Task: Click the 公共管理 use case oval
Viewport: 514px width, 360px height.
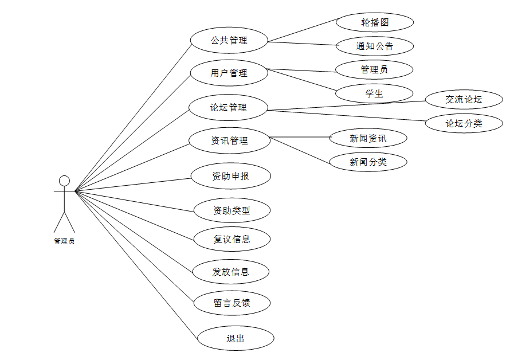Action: coord(229,41)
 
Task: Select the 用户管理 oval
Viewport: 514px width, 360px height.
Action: coord(229,73)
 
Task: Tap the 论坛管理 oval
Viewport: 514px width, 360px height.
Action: coord(229,107)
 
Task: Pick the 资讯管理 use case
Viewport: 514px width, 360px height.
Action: coord(229,140)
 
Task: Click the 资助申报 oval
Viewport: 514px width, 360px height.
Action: coord(230,176)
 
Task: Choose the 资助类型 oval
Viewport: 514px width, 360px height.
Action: coord(232,210)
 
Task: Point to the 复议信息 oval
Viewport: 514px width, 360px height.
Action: coord(232,239)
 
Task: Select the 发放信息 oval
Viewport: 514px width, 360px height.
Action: coord(231,272)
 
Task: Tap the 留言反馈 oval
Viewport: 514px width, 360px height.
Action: coord(232,303)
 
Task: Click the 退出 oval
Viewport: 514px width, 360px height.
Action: coord(236,338)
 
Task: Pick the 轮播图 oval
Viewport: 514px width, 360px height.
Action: coord(375,22)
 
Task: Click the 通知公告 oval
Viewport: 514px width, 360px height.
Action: coord(375,46)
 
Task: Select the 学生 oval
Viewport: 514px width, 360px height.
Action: coord(375,93)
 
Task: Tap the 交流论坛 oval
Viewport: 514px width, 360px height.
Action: coord(464,99)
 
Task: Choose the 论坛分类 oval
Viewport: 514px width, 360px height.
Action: coord(464,123)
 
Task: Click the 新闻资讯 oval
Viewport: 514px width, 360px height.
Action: coord(368,138)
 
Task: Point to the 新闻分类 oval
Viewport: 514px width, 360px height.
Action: coord(368,162)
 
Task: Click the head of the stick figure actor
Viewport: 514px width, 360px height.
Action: coord(64,181)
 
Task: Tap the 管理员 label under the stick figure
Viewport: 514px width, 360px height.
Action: coord(64,241)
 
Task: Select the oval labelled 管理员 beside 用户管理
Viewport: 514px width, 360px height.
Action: coord(375,69)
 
